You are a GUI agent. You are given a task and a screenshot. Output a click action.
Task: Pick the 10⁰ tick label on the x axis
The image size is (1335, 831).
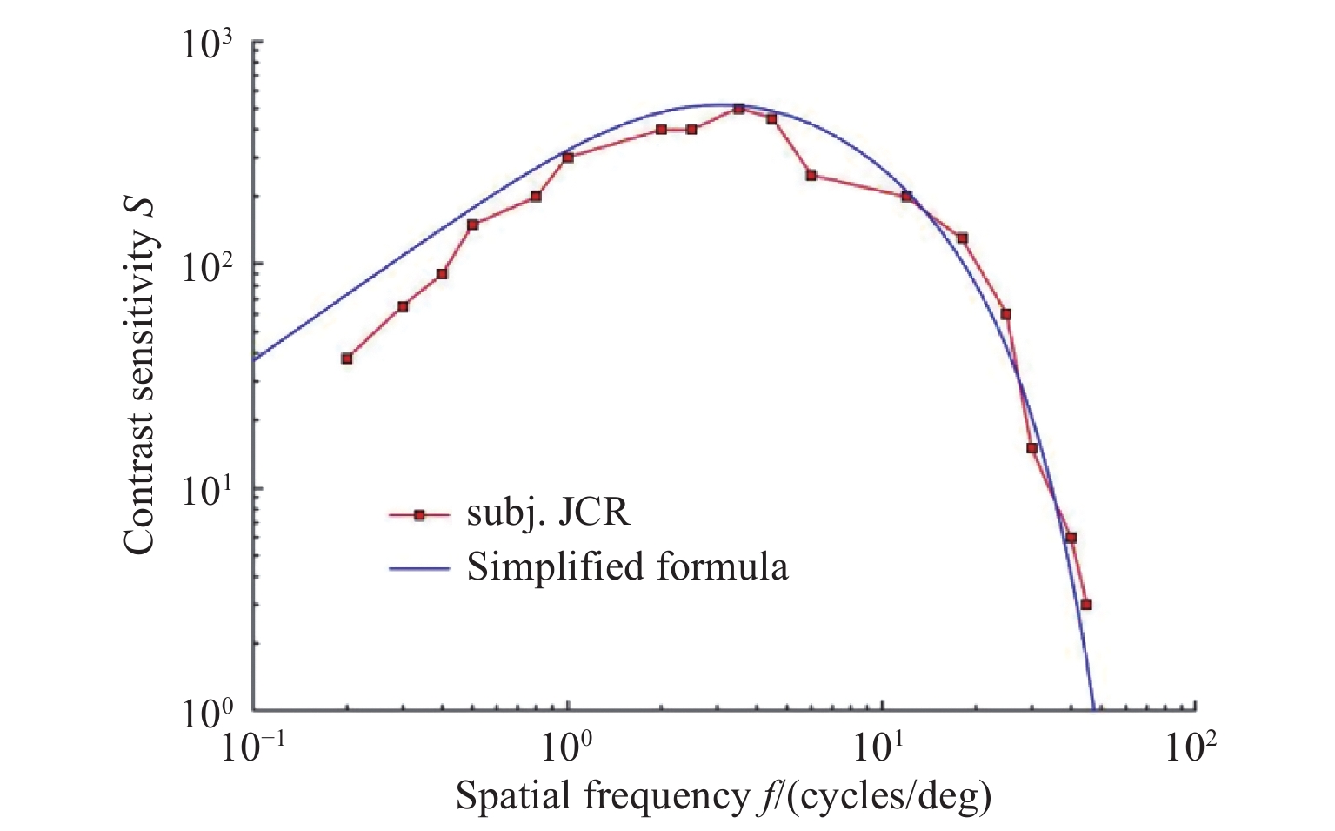568,747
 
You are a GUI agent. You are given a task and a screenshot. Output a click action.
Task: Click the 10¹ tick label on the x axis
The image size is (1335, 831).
882,747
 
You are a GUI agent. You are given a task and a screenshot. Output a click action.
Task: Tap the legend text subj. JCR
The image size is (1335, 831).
548,513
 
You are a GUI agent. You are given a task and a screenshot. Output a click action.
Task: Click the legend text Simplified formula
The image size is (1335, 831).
627,567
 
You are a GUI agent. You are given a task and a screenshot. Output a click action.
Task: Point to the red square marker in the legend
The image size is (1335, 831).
418,515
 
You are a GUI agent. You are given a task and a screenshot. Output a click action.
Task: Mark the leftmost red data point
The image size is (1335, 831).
347,358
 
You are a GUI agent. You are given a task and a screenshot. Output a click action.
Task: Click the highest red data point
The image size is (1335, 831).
738,109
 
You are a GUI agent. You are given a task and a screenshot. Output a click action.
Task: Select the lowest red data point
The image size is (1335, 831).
1085,604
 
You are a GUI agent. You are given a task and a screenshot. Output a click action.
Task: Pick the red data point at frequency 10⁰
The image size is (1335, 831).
568,157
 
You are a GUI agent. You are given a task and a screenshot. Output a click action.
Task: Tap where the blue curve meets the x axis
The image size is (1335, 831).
1093,709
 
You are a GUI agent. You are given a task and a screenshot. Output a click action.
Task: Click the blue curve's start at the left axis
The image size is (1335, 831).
254,359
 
